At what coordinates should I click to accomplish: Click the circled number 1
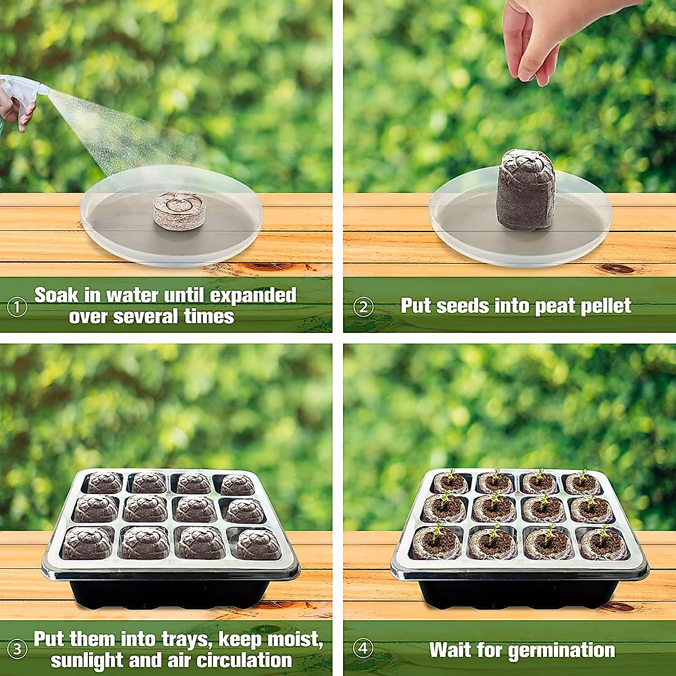17,307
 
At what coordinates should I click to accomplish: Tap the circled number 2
363,307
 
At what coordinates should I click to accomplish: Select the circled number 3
17,649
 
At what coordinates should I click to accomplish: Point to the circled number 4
363,648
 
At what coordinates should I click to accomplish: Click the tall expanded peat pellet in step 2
525,189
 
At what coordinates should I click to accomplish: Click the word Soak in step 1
56,295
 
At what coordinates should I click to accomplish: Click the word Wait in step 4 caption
451,650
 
